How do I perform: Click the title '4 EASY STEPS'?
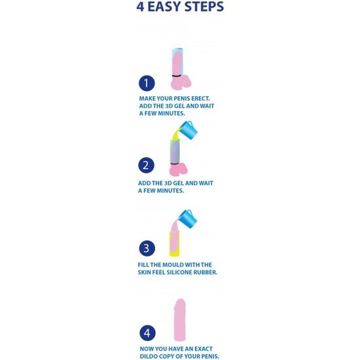(x=180, y=7)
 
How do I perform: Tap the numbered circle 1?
(x=147, y=83)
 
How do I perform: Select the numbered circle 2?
(x=146, y=166)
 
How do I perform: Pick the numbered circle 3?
(x=147, y=248)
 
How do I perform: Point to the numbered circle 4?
(x=147, y=333)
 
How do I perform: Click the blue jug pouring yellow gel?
(x=188, y=129)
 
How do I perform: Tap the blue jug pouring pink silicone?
(x=188, y=218)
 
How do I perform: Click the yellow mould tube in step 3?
(x=175, y=244)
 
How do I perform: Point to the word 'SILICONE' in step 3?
(x=179, y=272)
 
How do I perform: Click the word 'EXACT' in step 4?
(x=204, y=349)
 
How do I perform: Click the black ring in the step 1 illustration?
(x=177, y=75)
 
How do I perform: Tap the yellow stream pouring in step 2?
(x=175, y=135)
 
